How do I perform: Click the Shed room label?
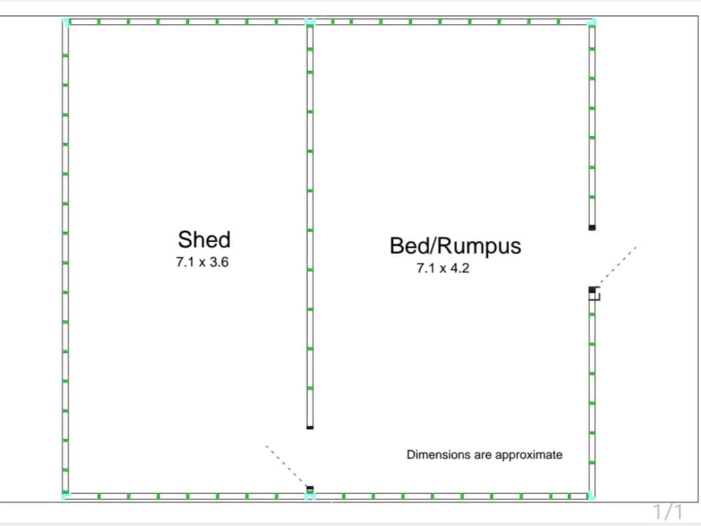[x=204, y=240]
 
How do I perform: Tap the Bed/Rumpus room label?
[x=455, y=245]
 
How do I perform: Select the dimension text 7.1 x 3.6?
[x=202, y=262]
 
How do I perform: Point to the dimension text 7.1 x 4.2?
[x=443, y=268]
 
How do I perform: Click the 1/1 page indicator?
[x=668, y=512]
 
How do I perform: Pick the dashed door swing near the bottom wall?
[x=286, y=466]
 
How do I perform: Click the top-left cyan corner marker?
[x=66, y=22]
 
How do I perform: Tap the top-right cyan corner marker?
[x=591, y=22]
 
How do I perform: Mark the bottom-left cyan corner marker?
[x=66, y=496]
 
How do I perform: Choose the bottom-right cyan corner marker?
[x=591, y=496]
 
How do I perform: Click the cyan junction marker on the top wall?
[x=310, y=22]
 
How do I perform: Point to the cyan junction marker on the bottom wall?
[x=310, y=496]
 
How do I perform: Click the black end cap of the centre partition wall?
[x=310, y=428]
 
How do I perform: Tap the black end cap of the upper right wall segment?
[x=592, y=227]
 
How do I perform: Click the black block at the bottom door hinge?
[x=310, y=488]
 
